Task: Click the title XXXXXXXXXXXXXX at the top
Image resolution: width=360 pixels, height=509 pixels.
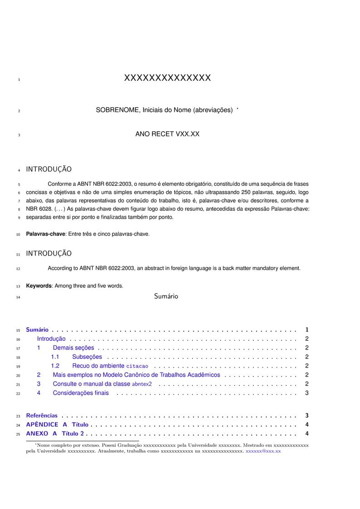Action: click(167, 78)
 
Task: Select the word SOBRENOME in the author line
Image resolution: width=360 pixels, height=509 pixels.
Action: click(117, 110)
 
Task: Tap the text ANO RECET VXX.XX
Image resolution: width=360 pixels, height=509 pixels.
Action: click(167, 134)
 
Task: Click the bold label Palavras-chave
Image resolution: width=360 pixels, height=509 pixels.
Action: click(46, 234)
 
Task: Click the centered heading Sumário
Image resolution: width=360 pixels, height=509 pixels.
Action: click(166, 296)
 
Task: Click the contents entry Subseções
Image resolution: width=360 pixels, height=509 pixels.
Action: click(87, 357)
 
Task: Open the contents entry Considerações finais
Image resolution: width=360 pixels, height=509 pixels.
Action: click(81, 393)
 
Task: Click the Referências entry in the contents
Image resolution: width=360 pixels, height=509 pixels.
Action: click(42, 416)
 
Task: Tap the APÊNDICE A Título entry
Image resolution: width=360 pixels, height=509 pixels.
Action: click(57, 425)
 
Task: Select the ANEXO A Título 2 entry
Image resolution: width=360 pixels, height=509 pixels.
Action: click(55, 434)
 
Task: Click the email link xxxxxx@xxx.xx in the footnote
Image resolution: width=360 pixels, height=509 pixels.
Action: click(263, 451)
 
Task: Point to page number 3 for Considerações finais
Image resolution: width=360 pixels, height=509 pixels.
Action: click(307, 393)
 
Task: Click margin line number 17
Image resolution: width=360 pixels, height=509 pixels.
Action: click(18, 349)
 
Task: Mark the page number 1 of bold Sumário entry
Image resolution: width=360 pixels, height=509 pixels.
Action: click(307, 330)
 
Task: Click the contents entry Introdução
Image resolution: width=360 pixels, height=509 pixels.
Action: click(51, 339)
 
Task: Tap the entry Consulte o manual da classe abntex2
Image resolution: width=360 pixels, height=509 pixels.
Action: click(102, 384)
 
